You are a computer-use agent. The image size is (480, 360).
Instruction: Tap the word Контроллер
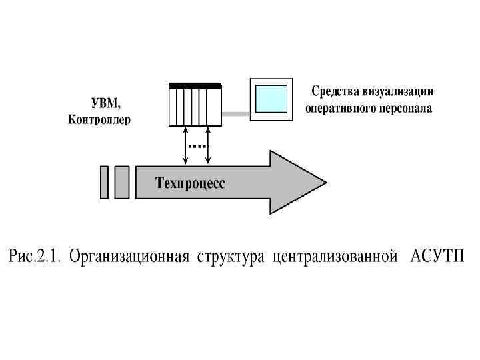coord(100,120)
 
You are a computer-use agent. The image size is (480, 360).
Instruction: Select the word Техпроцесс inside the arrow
coord(191,182)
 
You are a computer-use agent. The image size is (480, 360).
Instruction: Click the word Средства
coord(337,91)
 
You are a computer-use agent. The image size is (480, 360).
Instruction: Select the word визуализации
coord(401,91)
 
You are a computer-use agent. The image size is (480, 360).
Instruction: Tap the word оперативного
coord(339,107)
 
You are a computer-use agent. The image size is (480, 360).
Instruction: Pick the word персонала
coord(404,107)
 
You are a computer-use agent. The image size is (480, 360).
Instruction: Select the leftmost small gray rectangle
coord(104,182)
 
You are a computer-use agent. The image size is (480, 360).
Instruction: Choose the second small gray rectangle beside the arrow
coord(122,182)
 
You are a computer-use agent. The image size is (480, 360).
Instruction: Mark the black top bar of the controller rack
coord(195,85)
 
